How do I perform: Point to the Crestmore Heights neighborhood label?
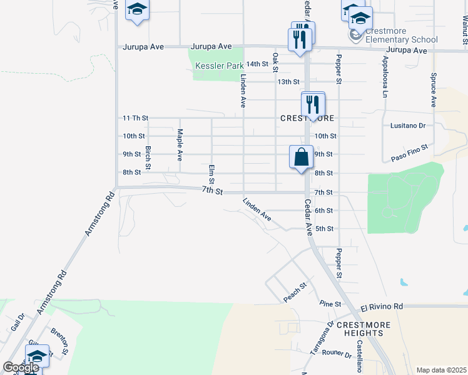point(364,329)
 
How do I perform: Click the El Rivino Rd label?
point(382,307)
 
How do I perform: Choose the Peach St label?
point(295,293)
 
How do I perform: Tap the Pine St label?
point(330,304)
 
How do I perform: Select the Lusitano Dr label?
point(408,126)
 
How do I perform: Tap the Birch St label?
point(148,157)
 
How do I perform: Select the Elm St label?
point(211,174)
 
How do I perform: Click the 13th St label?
point(288,82)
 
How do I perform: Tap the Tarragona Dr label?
point(322,339)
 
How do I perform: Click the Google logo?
point(21,367)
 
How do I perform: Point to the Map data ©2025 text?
point(441,370)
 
